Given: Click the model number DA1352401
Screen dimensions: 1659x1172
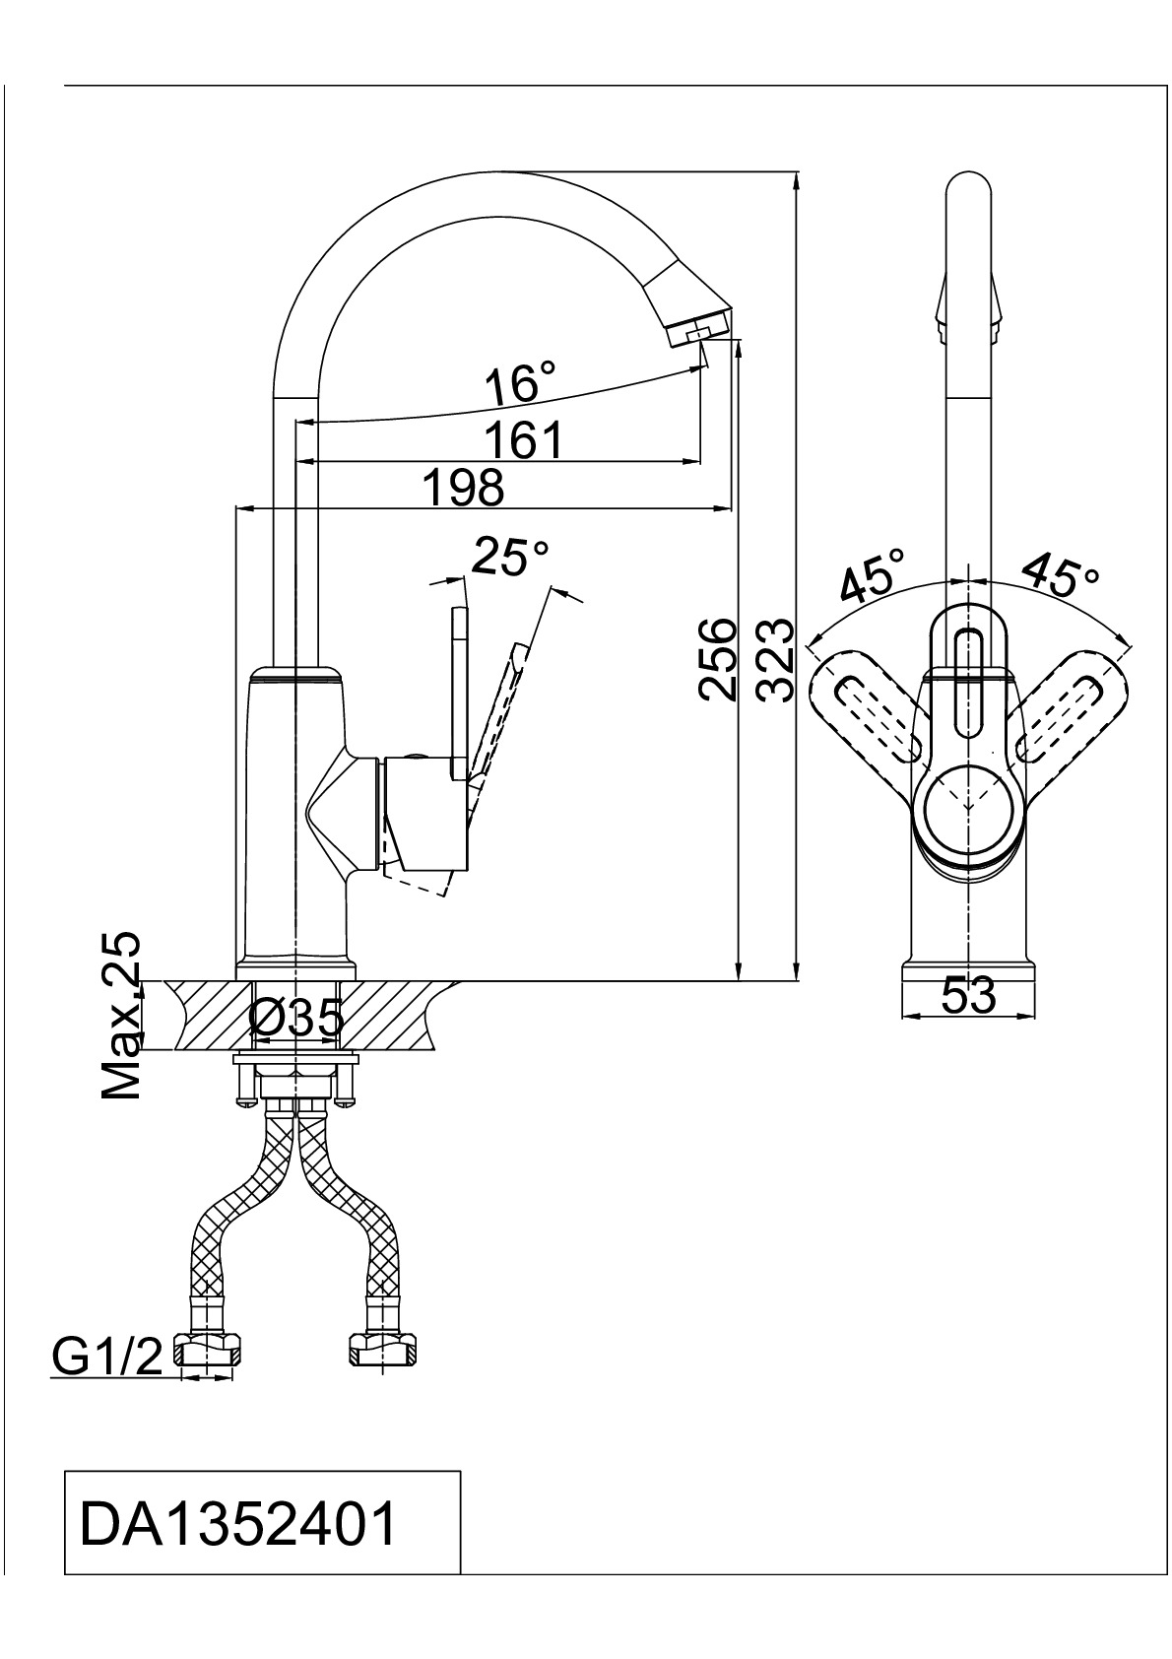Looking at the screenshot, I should click(x=239, y=1524).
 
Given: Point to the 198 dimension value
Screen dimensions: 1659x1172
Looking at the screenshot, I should click(x=462, y=487).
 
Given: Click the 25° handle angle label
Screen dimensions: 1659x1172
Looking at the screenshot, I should click(x=510, y=558).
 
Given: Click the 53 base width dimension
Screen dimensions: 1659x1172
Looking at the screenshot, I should click(x=969, y=997).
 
